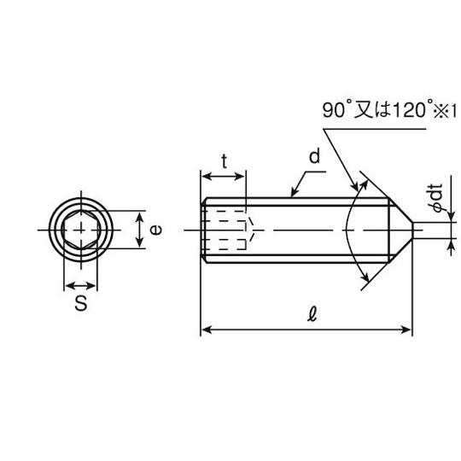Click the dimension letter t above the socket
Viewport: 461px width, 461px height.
[x=225, y=161]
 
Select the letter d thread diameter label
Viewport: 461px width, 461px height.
[x=314, y=156]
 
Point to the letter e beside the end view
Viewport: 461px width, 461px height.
[x=155, y=230]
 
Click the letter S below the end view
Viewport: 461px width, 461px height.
[x=81, y=303]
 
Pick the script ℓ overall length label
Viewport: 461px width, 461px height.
[x=312, y=314]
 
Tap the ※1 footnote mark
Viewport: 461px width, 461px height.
[x=445, y=111]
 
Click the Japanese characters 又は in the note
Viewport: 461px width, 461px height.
[x=372, y=109]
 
